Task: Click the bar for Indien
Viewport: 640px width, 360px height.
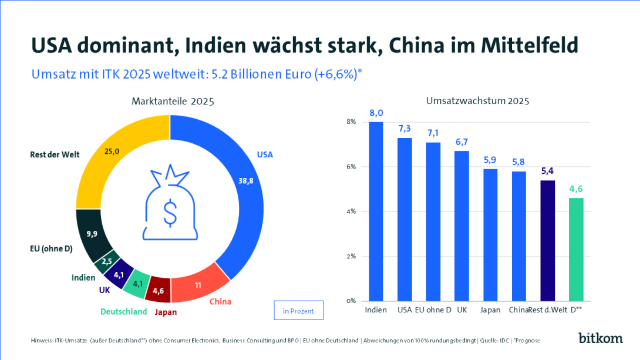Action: click(376, 211)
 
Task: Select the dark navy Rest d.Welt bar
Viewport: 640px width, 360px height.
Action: click(547, 241)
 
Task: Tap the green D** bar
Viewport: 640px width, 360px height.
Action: click(576, 250)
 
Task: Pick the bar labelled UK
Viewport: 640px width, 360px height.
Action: click(462, 226)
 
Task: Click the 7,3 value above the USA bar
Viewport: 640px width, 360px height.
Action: click(405, 128)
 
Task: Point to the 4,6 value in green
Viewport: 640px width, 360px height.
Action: click(576, 189)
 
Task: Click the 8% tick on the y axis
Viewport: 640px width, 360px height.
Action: click(351, 122)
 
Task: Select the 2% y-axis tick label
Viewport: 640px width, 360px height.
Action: click(351, 256)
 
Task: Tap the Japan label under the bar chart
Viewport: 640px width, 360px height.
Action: click(490, 309)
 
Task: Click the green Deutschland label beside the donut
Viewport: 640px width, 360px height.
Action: click(123, 311)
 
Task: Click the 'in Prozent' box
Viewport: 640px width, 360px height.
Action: click(298, 311)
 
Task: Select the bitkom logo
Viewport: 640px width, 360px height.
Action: click(601, 338)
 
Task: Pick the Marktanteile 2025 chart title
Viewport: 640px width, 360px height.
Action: click(172, 101)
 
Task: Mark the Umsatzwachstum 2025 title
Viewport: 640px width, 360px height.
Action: click(477, 101)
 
